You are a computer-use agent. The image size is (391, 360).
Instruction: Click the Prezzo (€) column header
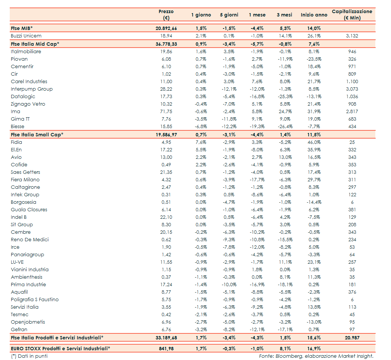point(166,15)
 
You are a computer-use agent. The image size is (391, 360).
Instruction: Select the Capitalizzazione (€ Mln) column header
point(352,15)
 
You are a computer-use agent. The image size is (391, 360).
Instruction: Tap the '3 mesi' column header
point(284,15)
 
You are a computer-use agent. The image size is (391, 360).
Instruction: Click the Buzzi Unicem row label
point(26,36)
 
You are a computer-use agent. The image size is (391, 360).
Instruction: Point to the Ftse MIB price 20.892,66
point(166,28)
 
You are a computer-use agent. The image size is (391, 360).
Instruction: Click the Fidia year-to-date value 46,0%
point(314,142)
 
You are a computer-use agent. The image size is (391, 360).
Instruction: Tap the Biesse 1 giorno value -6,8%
point(201,127)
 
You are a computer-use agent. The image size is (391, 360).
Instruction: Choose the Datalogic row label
point(23,97)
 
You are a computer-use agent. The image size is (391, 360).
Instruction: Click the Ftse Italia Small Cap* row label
point(37,134)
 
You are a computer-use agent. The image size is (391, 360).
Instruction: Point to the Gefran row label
point(19,330)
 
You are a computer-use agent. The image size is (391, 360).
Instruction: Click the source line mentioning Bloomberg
point(316,356)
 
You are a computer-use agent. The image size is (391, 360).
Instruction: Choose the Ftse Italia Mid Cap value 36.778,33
point(166,44)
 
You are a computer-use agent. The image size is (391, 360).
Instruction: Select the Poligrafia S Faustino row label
point(35,300)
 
